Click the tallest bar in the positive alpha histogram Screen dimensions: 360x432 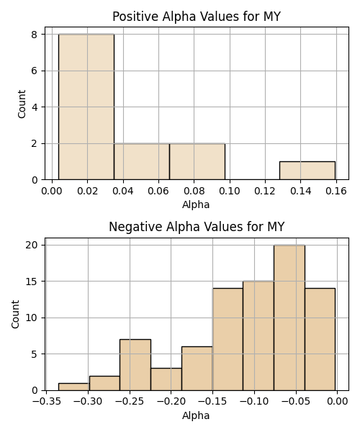coord(86,107)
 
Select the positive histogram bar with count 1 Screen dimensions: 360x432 coord(307,171)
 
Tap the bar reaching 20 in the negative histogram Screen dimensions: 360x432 coord(289,318)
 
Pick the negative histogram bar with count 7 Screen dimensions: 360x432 coord(135,365)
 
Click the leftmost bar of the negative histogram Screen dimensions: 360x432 coord(74,387)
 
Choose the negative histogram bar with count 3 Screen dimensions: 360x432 coord(166,379)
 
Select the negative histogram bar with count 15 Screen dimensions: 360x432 coord(258,336)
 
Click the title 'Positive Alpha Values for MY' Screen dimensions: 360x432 coord(197,17)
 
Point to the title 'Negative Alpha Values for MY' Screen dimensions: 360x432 coord(197,227)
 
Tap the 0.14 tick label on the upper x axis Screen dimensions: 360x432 coord(300,191)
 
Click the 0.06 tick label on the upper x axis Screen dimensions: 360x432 coord(158,191)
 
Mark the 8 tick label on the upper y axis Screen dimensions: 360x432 coord(35,35)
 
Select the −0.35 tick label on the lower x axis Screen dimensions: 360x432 coord(46,402)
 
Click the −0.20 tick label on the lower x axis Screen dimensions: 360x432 coord(171,402)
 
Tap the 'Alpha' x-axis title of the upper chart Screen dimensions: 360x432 coord(196,204)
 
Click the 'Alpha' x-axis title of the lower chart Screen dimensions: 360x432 coord(196,415)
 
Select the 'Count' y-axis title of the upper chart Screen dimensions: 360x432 coord(22,104)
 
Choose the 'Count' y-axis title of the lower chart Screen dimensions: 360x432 coord(15,314)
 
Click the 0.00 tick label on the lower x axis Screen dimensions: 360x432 coord(337,402)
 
